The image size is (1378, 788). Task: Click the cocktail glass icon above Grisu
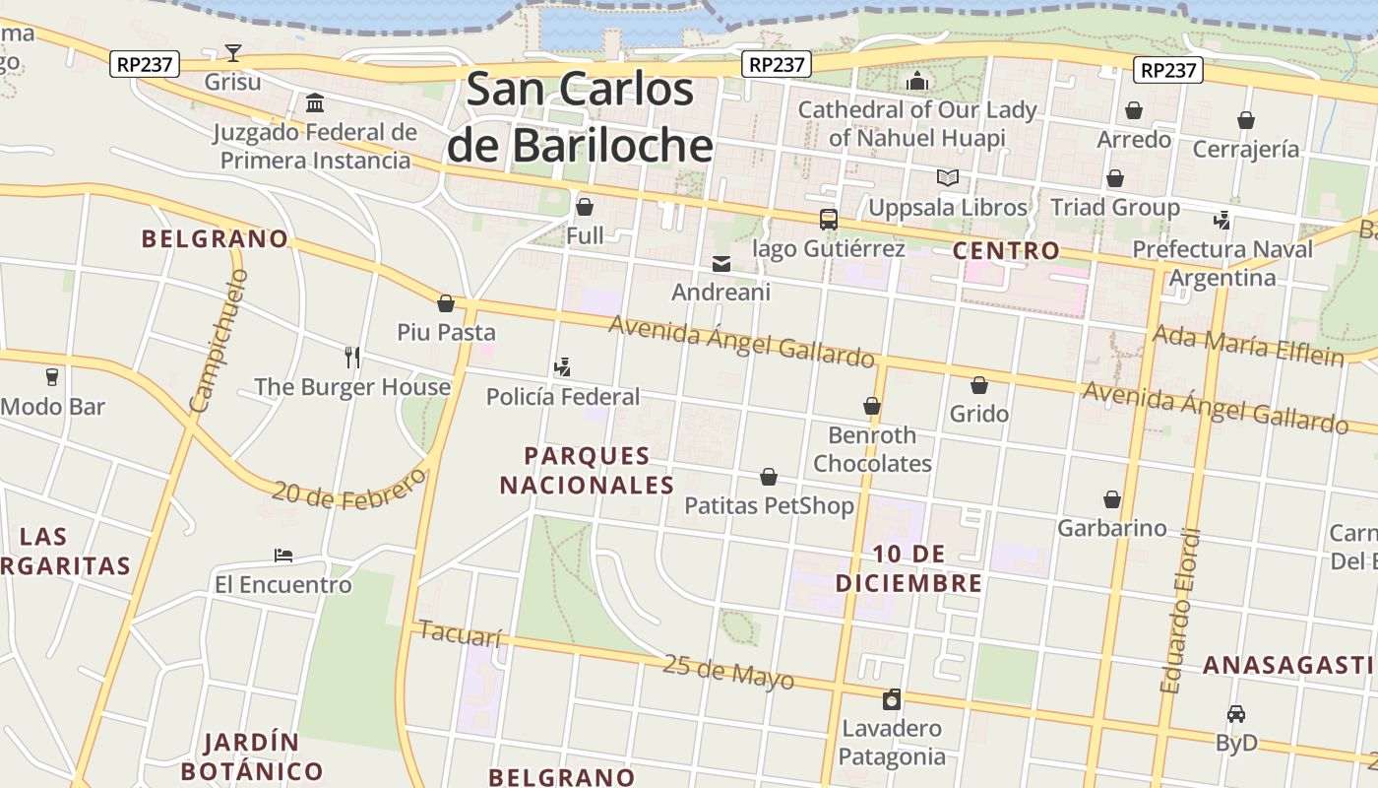pos(233,52)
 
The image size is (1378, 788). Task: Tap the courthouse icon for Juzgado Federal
pos(315,102)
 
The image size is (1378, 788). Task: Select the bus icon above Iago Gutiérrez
pos(829,220)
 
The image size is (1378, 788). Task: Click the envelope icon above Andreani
pos(721,263)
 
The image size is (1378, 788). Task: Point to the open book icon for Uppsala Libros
pos(947,178)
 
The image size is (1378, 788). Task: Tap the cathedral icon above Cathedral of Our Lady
pos(917,81)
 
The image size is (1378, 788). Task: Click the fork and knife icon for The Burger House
pos(352,357)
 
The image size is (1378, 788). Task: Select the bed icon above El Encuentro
pos(283,556)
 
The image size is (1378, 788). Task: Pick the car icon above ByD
pos(1236,713)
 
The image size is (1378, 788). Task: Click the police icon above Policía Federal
pos(562,367)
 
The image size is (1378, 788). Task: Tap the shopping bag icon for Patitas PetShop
pos(769,477)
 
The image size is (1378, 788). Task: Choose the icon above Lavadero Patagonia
pos(892,699)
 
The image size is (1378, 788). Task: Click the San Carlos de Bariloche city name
pos(580,117)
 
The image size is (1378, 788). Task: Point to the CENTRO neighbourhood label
pos(1006,250)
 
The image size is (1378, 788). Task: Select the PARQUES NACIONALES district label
pos(587,470)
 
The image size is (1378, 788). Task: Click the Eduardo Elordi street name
pos(1180,611)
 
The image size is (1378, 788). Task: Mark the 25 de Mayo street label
pos(727,672)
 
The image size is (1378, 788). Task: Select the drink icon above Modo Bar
pos(52,376)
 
